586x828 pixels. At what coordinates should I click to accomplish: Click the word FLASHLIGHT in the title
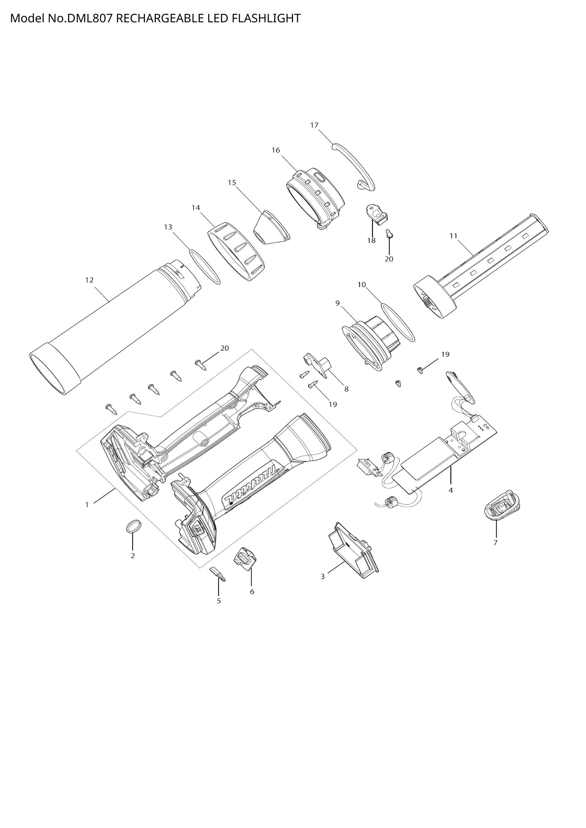(x=266, y=18)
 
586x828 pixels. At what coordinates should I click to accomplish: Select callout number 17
(x=314, y=125)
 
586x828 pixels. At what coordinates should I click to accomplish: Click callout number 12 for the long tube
(x=89, y=280)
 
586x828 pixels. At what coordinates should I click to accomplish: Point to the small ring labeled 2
(x=133, y=526)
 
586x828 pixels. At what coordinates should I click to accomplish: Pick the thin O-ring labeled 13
(x=204, y=267)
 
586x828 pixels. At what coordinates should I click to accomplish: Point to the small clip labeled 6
(x=246, y=563)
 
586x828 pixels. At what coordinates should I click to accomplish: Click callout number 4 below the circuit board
(x=450, y=490)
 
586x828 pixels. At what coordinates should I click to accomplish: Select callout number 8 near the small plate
(x=346, y=389)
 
